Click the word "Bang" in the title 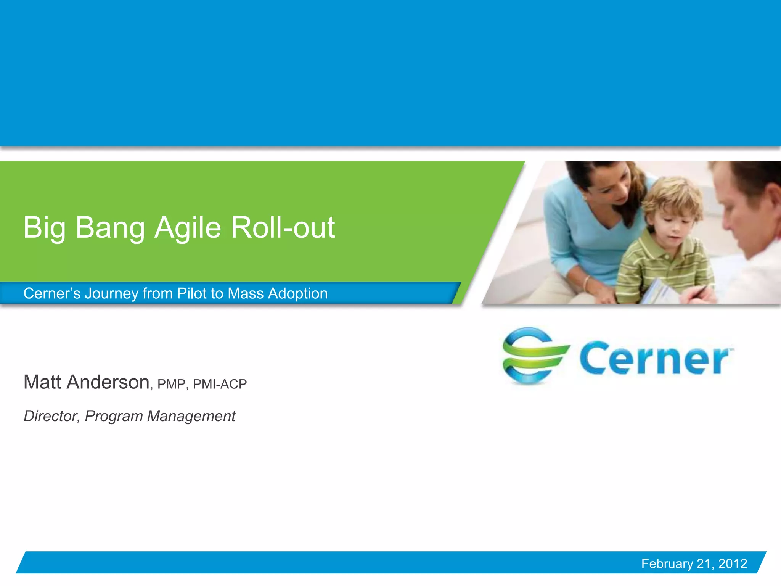[x=110, y=228]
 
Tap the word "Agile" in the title [x=188, y=228]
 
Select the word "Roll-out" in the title [x=283, y=228]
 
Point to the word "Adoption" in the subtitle [x=298, y=293]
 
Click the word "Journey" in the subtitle [x=111, y=293]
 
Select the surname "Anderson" [x=108, y=382]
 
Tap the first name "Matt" [x=42, y=382]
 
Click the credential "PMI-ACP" [x=220, y=384]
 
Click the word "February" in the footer [x=667, y=563]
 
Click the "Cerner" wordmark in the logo [x=654, y=359]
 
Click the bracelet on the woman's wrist [x=586, y=282]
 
